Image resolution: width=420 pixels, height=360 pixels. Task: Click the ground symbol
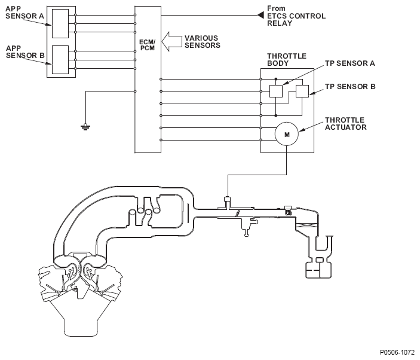[x=86, y=126]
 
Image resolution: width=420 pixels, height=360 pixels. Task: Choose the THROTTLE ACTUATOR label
[x=346, y=123]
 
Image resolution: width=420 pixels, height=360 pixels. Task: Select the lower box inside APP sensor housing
[x=61, y=60]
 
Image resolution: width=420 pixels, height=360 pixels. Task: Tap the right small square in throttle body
[x=302, y=91]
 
